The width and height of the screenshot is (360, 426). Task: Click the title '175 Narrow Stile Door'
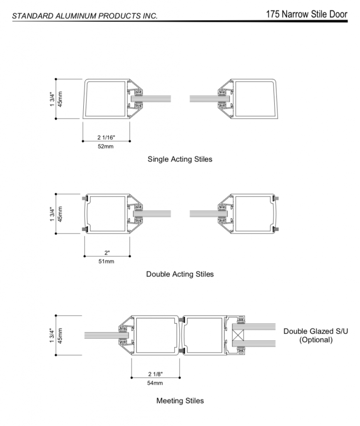click(x=306, y=15)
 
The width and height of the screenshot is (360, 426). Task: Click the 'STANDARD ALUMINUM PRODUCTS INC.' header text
click(x=85, y=16)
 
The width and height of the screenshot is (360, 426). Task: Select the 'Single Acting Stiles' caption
click(x=180, y=159)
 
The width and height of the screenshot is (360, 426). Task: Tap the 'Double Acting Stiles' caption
click(x=180, y=274)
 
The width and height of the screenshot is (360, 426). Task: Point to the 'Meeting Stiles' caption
click(x=180, y=401)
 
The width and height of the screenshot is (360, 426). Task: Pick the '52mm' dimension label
click(x=106, y=146)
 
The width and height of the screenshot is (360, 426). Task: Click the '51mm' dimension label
click(x=106, y=261)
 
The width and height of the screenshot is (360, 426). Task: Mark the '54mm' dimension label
click(x=155, y=383)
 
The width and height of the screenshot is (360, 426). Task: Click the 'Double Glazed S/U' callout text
click(x=315, y=332)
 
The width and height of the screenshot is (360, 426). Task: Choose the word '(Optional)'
click(x=316, y=340)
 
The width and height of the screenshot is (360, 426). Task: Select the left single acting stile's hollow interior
click(x=106, y=99)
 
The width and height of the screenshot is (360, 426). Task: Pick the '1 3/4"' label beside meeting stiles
click(x=52, y=335)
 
